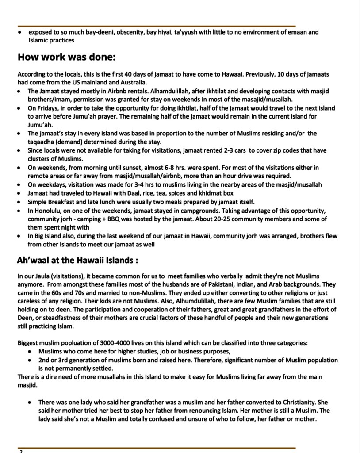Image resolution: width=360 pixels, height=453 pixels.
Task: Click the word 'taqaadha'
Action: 44,142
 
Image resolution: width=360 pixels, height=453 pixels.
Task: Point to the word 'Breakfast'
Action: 65,201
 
